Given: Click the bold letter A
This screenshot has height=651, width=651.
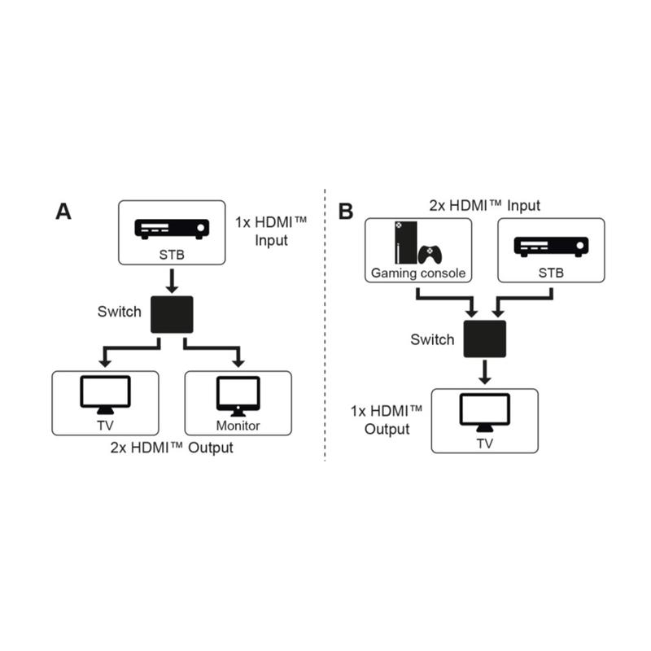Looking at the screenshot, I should pyautogui.click(x=63, y=212).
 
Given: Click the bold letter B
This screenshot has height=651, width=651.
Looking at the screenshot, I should pyautogui.click(x=346, y=212).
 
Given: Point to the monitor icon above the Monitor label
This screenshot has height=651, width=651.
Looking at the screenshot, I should pyautogui.click(x=238, y=396).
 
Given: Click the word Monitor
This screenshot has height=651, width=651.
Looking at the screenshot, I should pyautogui.click(x=238, y=426).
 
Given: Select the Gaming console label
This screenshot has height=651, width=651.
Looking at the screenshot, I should pyautogui.click(x=418, y=273).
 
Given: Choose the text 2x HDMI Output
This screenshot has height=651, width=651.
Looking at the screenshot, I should pyautogui.click(x=172, y=448).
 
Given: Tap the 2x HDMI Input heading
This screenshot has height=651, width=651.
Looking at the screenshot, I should pyautogui.click(x=485, y=206).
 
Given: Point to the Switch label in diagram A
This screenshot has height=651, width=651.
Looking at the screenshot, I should pyautogui.click(x=120, y=311).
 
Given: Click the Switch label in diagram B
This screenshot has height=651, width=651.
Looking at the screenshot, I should pyautogui.click(x=433, y=339).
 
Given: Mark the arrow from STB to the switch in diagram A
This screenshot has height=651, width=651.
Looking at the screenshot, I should pyautogui.click(x=171, y=282).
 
